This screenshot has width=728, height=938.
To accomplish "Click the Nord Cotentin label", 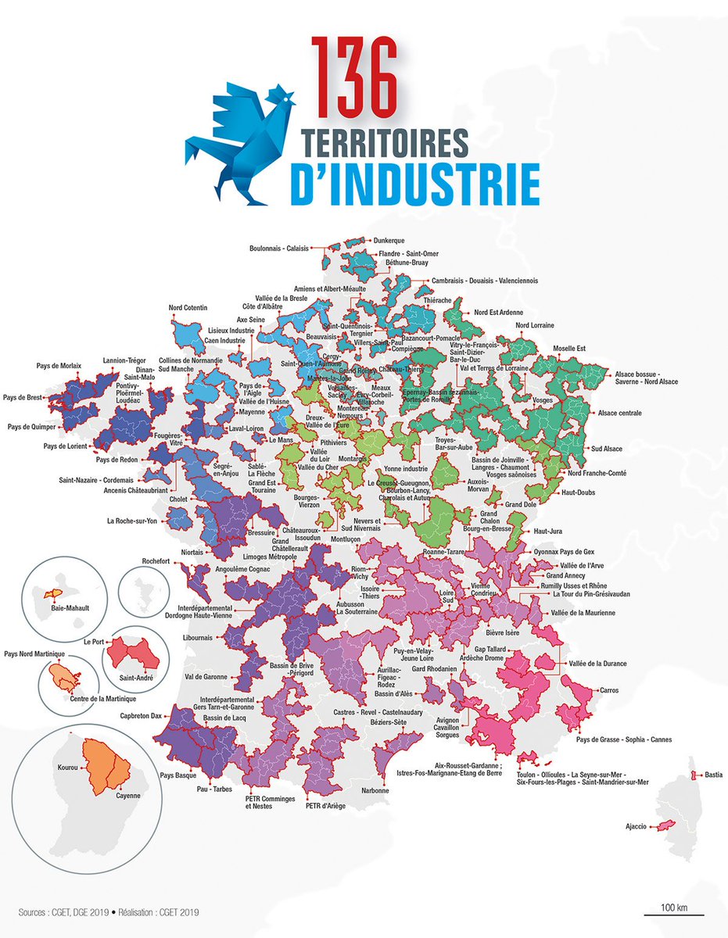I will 186,308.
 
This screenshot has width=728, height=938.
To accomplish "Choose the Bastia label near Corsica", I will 713,775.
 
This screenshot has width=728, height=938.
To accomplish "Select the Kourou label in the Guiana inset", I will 67,768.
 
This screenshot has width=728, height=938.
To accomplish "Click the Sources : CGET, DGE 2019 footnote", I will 60,911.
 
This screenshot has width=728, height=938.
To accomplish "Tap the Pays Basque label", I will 178,775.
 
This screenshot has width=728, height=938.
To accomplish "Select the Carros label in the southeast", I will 610,690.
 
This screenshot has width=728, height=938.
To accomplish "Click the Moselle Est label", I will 569,349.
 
